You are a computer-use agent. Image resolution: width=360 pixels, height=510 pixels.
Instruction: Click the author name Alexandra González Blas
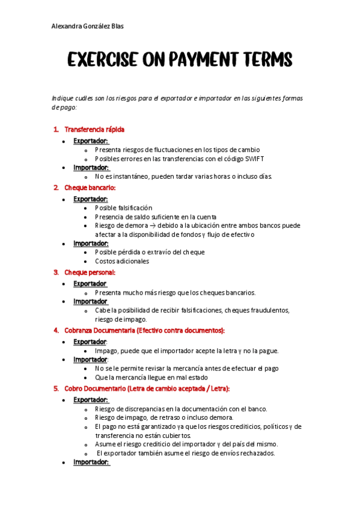(88, 26)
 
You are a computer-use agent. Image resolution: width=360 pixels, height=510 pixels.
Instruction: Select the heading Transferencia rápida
(94, 129)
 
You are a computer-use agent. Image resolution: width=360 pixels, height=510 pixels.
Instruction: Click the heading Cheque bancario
(90, 188)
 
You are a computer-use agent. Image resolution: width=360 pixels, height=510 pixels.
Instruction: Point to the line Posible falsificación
(123, 207)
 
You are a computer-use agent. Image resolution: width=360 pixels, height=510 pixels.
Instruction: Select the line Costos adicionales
(122, 261)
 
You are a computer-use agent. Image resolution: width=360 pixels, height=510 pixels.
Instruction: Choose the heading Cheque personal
(90, 272)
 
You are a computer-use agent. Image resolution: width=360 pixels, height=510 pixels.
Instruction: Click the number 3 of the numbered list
(56, 272)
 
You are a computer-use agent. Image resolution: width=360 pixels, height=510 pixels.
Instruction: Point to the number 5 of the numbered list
(56, 389)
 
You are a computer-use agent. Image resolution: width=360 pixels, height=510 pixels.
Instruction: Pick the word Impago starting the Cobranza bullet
(106, 351)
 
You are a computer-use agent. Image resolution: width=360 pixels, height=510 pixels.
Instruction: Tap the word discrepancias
(151, 409)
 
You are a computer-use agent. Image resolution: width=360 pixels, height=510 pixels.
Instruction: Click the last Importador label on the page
(91, 462)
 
